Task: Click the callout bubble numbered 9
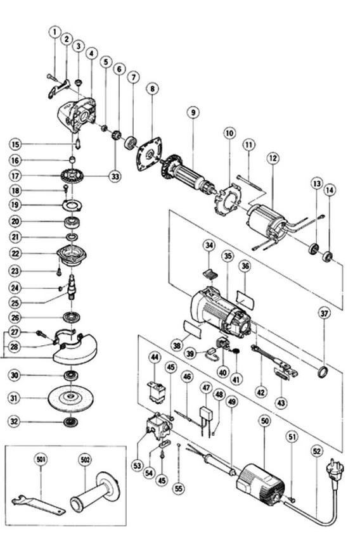coord(193,112)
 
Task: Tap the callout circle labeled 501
coord(41,460)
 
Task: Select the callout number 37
coord(324,313)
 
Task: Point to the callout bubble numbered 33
coord(115,176)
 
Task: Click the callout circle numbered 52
coord(317,451)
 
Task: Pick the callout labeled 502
coord(85,460)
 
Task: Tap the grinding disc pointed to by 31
coord(70,398)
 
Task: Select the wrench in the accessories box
coord(37,505)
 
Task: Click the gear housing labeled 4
coord(77,116)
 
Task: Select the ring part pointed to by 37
coord(323,372)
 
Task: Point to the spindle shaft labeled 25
coord(72,287)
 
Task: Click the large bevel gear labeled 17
coord(72,177)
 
